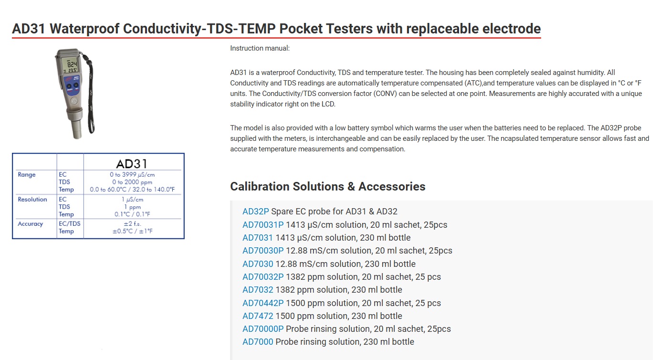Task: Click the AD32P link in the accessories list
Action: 255,212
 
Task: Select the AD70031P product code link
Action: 263,224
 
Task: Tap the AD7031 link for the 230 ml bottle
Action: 258,238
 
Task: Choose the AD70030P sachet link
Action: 263,251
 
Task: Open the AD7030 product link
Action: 258,264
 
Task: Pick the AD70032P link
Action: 263,277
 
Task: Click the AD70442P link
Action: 263,303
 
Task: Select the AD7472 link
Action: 258,316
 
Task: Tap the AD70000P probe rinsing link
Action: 263,329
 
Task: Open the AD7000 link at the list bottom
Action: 258,342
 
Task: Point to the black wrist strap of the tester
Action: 92,97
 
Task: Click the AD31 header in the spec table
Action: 132,164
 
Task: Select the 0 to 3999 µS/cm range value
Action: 132,175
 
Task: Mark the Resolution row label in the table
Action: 32,199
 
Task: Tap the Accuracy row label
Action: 31,224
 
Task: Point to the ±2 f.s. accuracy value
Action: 132,224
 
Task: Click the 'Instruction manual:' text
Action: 260,48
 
